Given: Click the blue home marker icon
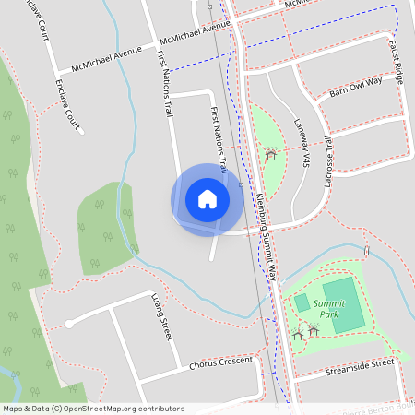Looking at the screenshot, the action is (207, 199).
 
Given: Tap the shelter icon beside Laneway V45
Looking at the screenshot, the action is (270, 154).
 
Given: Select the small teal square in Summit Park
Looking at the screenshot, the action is (302, 302).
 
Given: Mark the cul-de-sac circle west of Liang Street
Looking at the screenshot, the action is (68, 324).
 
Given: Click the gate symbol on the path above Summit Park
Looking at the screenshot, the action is (366, 249).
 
